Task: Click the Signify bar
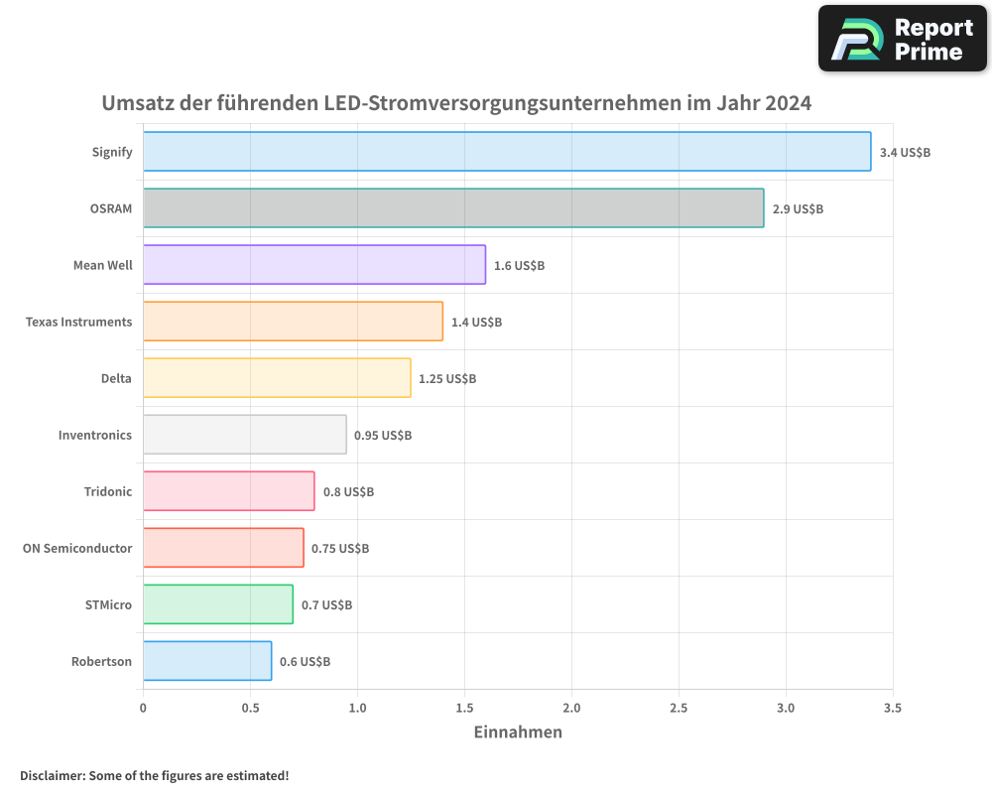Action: click(x=507, y=152)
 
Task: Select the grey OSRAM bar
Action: click(x=453, y=208)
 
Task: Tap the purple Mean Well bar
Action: click(x=314, y=265)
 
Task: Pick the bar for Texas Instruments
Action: click(x=293, y=322)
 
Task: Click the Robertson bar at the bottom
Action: click(x=207, y=661)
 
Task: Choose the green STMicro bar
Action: click(x=218, y=604)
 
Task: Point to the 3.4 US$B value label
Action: click(x=905, y=153)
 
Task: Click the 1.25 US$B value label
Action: click(x=446, y=379)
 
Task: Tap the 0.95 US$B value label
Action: click(x=383, y=436)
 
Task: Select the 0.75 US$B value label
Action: click(x=340, y=549)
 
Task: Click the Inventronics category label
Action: click(x=95, y=435)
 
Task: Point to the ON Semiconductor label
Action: click(x=77, y=548)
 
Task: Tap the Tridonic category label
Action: click(x=108, y=491)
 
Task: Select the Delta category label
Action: click(x=116, y=378)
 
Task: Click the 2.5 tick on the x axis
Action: click(x=679, y=708)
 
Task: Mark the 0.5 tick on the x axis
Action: click(x=250, y=708)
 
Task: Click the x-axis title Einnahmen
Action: click(x=518, y=732)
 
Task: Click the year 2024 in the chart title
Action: click(x=788, y=103)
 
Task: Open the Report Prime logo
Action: click(x=903, y=39)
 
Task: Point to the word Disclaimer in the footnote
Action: click(x=51, y=775)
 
